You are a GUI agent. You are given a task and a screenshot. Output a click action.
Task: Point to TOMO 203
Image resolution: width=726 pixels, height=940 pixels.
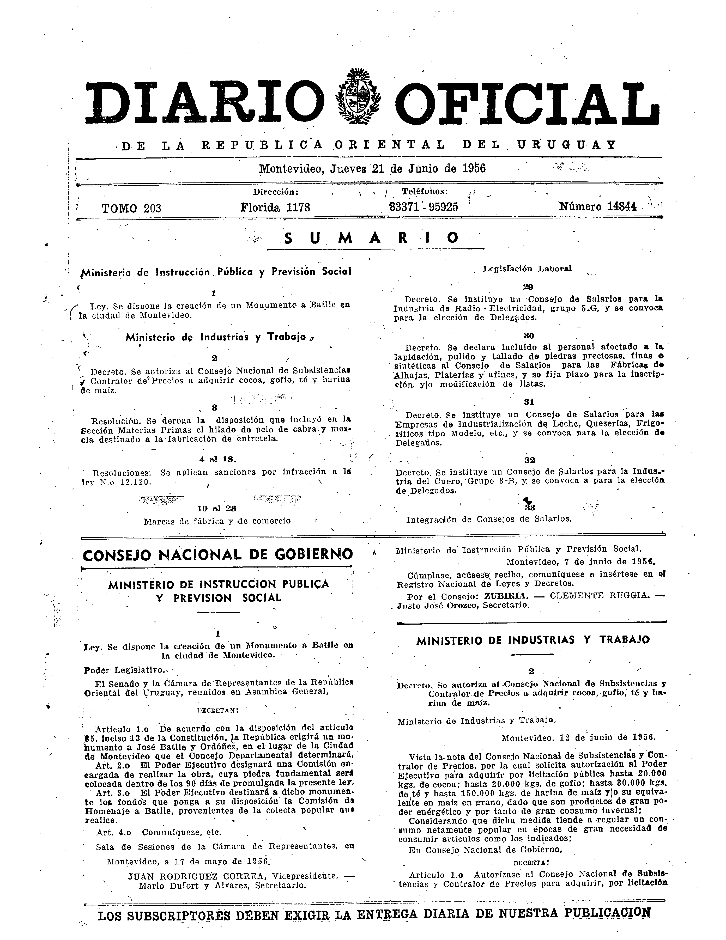point(131,208)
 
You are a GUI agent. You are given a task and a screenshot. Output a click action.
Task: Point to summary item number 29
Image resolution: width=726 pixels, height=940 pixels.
point(528,287)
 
